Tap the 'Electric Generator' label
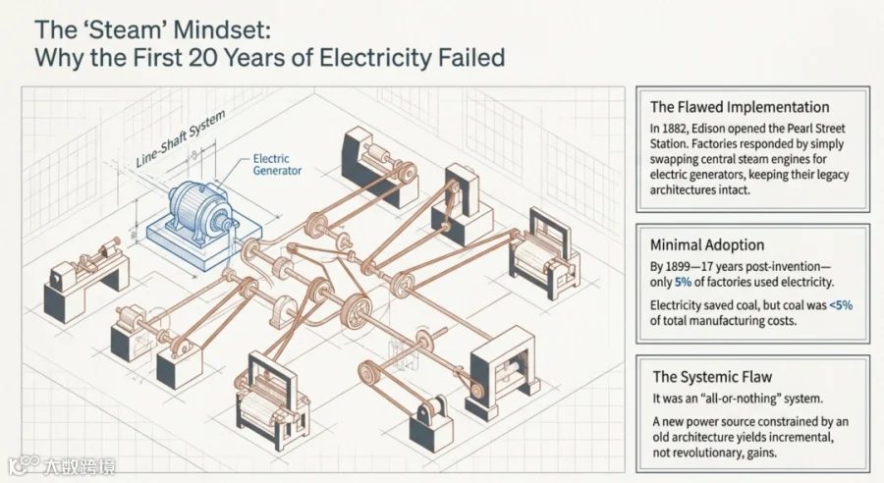[277, 165]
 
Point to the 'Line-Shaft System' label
[181, 138]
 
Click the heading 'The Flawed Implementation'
[739, 107]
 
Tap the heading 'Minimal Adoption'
[707, 244]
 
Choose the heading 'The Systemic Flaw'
[712, 376]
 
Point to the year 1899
[678, 267]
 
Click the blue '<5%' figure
[841, 305]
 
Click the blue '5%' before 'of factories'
[683, 283]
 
